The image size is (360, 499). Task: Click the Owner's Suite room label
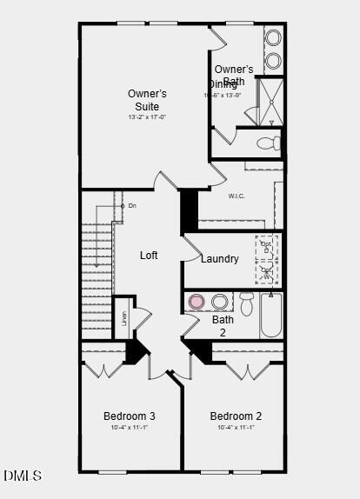147,99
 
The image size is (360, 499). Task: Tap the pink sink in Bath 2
197,302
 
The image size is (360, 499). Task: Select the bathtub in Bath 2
271,315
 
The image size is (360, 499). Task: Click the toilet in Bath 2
246,303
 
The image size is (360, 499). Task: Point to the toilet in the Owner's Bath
270,143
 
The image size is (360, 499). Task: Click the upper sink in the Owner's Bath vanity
273,38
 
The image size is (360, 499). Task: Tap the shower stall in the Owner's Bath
270,101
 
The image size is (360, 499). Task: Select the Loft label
149,256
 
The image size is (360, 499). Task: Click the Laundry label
219,259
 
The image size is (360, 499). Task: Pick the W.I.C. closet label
237,196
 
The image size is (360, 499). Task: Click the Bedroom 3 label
129,416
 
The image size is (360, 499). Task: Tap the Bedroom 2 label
236,416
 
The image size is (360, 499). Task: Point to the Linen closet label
123,318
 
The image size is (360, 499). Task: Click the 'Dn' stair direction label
132,205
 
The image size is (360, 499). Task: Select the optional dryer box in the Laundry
266,247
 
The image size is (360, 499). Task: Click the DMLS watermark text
22,476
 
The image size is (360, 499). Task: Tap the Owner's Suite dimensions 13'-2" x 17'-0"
147,116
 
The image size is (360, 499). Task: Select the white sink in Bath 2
220,302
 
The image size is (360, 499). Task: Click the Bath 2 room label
223,326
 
